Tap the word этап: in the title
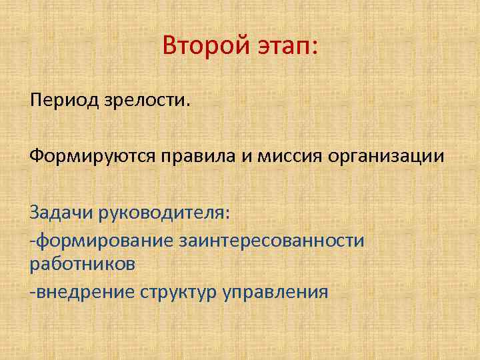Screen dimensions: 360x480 point(287,47)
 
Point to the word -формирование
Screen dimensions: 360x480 point(99,239)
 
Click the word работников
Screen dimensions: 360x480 point(83,264)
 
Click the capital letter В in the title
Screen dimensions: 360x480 point(170,47)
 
